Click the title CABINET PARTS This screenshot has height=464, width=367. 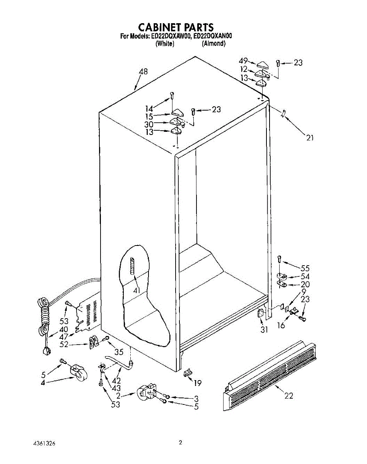pyautogui.click(x=176, y=27)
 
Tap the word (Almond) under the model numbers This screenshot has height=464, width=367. pyautogui.click(x=213, y=44)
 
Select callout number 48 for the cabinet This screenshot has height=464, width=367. pyautogui.click(x=143, y=72)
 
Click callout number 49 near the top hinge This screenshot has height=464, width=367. pyautogui.click(x=243, y=61)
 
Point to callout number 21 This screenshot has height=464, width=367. pyautogui.click(x=310, y=137)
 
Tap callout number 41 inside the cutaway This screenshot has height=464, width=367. pyautogui.click(x=136, y=290)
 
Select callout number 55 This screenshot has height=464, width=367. pyautogui.click(x=305, y=268)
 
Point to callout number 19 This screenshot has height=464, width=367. pyautogui.click(x=198, y=383)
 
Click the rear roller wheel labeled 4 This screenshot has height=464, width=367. pyautogui.click(x=78, y=373)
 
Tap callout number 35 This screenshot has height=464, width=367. pyautogui.click(x=119, y=352)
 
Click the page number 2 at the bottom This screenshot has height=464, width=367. pyautogui.click(x=180, y=443)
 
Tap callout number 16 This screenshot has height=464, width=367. pyautogui.click(x=281, y=325)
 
